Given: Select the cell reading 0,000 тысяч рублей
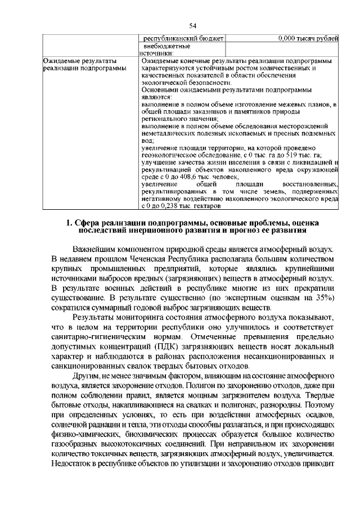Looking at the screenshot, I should click(x=308, y=38).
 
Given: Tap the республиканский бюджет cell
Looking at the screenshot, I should click(x=182, y=38).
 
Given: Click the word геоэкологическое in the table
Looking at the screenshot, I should click(x=170, y=155).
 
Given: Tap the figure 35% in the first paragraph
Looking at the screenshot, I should click(x=325, y=298).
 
